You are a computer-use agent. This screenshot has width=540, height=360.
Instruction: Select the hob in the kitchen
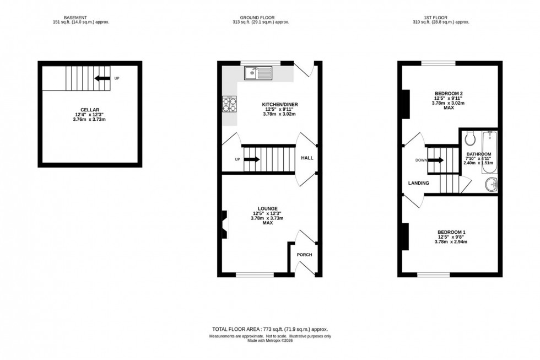[x=229, y=104]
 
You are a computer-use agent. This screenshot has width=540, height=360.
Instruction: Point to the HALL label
[x=307, y=158]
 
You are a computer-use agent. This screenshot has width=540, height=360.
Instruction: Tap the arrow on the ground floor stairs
[x=252, y=160]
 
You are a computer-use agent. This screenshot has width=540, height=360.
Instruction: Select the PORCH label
[x=304, y=255]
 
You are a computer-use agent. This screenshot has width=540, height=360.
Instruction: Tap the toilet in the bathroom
[x=469, y=137]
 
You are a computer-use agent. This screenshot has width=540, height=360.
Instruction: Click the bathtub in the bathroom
[x=490, y=152]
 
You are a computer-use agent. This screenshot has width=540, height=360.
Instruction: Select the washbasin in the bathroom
[x=490, y=185]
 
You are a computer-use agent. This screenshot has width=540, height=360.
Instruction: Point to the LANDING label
[x=418, y=183]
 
